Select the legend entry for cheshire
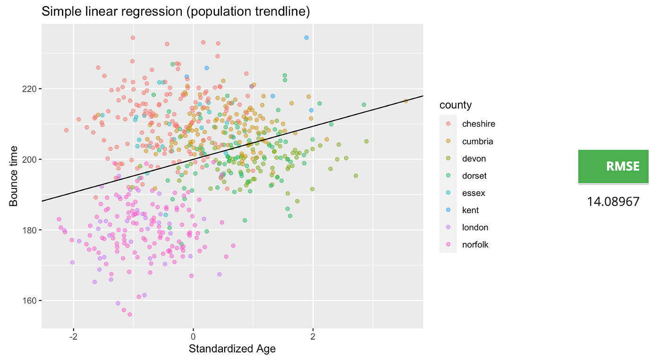[478, 124]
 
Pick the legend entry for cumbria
[477, 141]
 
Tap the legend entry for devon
[474, 159]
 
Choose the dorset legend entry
[475, 176]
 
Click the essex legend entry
[474, 193]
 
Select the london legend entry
[475, 227]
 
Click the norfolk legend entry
[475, 245]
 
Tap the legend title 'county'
[455, 105]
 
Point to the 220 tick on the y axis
[31, 89]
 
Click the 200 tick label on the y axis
[31, 160]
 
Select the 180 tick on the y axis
[31, 230]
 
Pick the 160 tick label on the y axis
[31, 300]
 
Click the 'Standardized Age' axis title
[232, 349]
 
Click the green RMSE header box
[613, 166]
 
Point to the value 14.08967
[613, 202]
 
